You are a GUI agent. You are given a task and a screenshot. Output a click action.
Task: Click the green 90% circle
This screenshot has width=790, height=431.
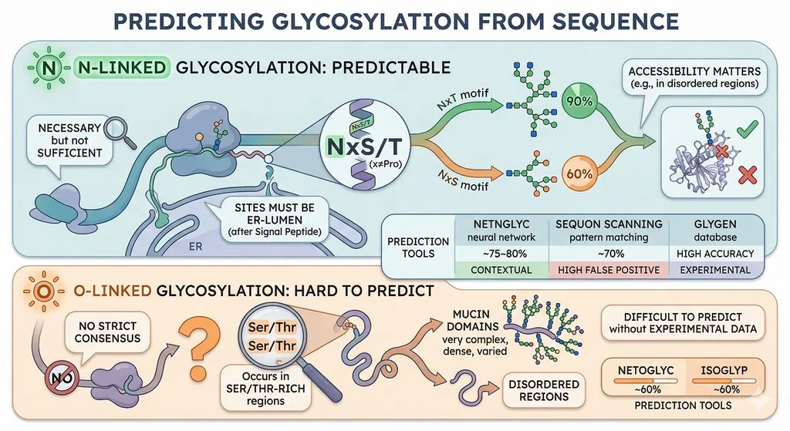click(579, 101)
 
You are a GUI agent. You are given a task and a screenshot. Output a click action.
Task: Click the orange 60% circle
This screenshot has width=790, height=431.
click(579, 173)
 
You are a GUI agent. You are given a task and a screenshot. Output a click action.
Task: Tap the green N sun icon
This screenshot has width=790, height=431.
click(49, 68)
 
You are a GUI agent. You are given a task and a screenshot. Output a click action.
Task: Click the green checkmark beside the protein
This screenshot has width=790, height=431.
click(747, 129)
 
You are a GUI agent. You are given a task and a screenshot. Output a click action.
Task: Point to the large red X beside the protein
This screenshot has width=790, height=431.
click(747, 175)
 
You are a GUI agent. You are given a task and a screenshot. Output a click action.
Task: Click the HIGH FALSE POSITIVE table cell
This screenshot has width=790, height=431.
click(609, 270)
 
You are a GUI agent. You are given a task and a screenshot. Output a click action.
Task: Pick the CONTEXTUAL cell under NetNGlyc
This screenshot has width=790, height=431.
click(501, 270)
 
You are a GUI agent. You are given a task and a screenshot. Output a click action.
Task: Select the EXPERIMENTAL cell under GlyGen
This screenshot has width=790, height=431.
click(715, 270)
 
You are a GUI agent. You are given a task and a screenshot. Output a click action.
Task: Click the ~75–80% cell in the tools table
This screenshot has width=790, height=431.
click(501, 253)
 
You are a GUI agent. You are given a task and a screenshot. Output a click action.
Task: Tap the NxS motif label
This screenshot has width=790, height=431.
click(463, 180)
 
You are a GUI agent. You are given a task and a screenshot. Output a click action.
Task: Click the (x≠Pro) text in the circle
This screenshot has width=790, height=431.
click(386, 163)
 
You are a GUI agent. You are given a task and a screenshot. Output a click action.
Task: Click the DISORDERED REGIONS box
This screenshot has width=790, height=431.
click(544, 390)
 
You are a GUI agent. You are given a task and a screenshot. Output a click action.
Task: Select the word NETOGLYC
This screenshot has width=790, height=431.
click(646, 370)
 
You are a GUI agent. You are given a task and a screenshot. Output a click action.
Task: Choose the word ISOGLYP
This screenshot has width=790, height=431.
click(724, 370)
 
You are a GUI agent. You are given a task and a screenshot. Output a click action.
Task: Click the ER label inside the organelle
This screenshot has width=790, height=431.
click(195, 247)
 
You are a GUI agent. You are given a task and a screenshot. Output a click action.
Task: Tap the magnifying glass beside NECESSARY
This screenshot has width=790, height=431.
click(120, 132)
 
